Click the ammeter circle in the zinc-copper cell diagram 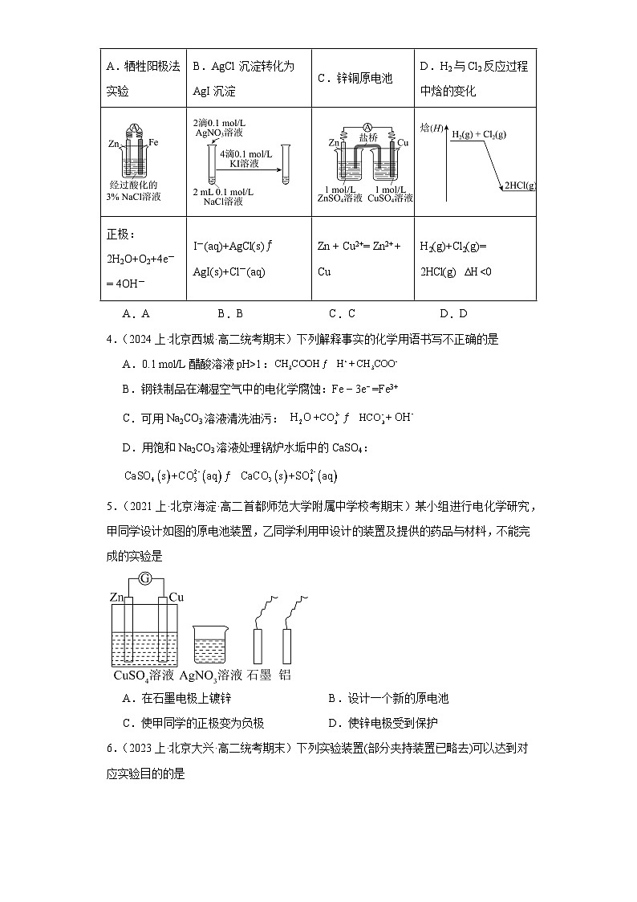[365, 126]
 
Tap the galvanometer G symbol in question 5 [144, 578]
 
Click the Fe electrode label [154, 142]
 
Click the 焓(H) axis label [432, 128]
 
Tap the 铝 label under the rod [285, 675]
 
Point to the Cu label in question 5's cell [176, 597]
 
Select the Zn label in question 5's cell [117, 597]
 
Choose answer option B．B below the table [229, 314]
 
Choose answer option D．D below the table [453, 314]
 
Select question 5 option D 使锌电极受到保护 [383, 723]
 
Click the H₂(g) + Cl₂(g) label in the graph [478, 133]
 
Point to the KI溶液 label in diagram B [243, 163]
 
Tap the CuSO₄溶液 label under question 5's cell [144, 675]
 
